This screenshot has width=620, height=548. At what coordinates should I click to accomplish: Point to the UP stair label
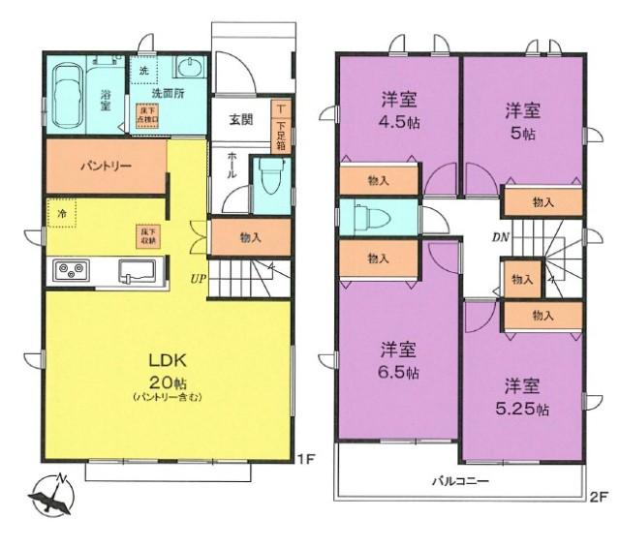click(198, 278)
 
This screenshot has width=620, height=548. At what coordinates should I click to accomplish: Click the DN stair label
click(501, 236)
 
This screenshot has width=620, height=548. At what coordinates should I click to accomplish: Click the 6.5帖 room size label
click(398, 372)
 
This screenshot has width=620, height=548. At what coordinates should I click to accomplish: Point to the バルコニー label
click(461, 481)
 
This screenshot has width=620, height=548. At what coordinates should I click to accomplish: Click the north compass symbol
click(51, 495)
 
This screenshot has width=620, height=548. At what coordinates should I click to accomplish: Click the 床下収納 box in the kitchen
click(149, 233)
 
